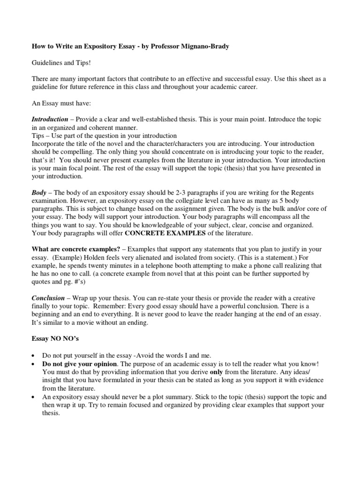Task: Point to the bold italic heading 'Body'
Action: (39, 193)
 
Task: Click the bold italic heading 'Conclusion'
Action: (48, 299)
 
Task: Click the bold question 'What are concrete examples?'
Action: (76, 249)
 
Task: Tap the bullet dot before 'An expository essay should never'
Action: (35, 397)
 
